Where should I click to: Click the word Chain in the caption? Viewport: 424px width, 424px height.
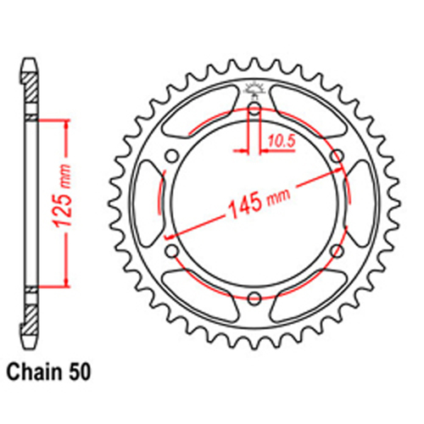[x=36, y=371]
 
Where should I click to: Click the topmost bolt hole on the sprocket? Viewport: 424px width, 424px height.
[x=254, y=108]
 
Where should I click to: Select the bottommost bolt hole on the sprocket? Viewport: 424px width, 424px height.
[x=254, y=297]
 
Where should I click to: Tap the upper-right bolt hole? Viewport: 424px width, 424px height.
[x=337, y=155]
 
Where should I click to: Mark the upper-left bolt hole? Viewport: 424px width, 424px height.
[x=171, y=155]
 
